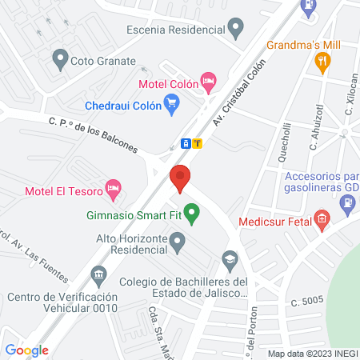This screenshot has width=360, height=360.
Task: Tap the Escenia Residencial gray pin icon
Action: click(x=235, y=30)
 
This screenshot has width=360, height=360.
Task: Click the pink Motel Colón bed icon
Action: click(x=208, y=79)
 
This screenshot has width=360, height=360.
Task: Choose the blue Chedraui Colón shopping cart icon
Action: click(x=170, y=102)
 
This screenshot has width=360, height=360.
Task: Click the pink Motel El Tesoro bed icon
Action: click(x=114, y=190)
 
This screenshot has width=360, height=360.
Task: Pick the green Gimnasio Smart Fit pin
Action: click(x=191, y=213)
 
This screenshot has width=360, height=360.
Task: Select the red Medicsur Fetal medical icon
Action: click(x=322, y=218)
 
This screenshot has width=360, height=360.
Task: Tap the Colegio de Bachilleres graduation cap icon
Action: click(x=230, y=259)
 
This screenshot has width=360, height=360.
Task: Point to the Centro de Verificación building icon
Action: click(x=98, y=276)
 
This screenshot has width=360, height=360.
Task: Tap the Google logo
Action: click(x=26, y=350)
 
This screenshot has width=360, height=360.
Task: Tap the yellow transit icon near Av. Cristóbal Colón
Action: click(x=198, y=143)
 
